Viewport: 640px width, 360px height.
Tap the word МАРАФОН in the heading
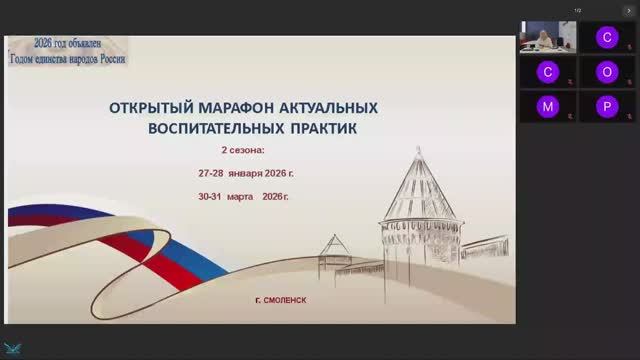click(x=222, y=108)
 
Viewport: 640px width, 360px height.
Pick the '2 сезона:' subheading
click(x=243, y=151)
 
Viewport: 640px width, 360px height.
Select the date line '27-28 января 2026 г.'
click(x=246, y=173)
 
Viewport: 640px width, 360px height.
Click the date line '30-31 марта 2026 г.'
click(x=244, y=195)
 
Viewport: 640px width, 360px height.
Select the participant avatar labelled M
click(x=546, y=106)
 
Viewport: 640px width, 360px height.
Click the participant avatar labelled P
click(x=606, y=106)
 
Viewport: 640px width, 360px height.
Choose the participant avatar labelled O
click(x=606, y=72)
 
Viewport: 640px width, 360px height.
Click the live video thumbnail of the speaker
click(x=546, y=37)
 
